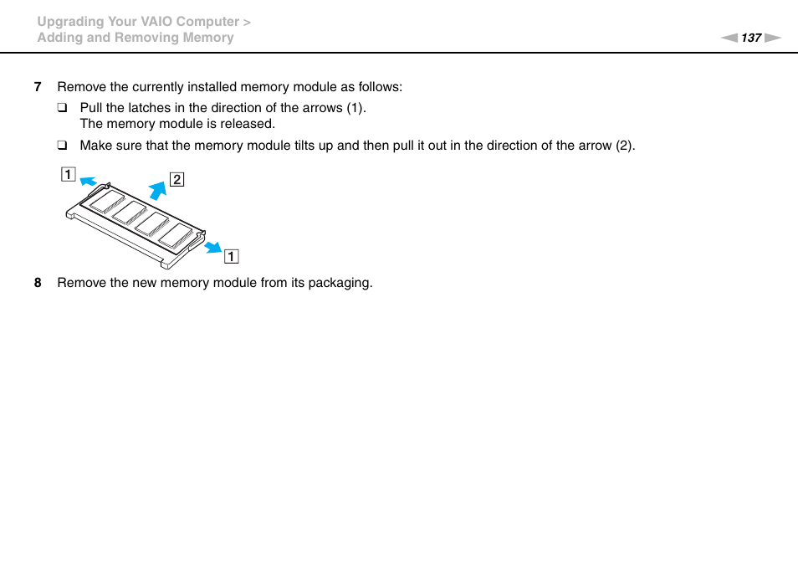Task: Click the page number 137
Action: tap(751, 38)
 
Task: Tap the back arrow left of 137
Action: tap(729, 38)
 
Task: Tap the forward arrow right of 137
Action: tap(772, 38)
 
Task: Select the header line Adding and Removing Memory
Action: tap(135, 38)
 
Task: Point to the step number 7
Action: tap(37, 87)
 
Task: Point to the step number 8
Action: tap(37, 283)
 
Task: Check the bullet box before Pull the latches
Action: tap(62, 108)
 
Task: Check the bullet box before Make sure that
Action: tap(62, 146)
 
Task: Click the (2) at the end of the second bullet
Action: tap(624, 146)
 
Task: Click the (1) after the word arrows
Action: tap(356, 108)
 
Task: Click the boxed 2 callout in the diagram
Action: tap(177, 179)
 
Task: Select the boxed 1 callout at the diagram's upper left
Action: tap(67, 175)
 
